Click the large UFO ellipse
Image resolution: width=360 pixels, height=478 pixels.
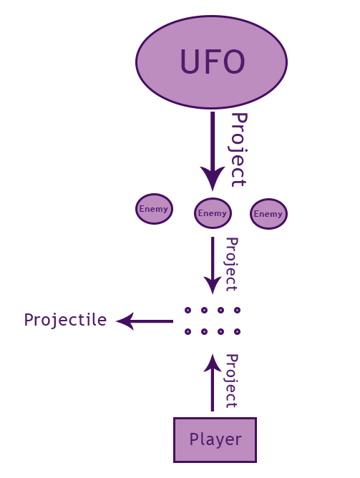pyautogui.click(x=211, y=62)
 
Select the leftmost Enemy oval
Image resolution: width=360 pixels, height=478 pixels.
pyautogui.click(x=155, y=209)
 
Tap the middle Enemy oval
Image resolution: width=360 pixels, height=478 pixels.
pyautogui.click(x=213, y=213)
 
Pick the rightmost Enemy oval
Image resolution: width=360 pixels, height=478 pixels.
pyautogui.click(x=268, y=214)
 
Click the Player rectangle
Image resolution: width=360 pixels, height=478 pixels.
pyautogui.click(x=215, y=440)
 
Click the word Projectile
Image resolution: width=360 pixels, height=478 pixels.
pyautogui.click(x=66, y=321)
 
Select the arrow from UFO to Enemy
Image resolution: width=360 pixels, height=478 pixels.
pyautogui.click(x=213, y=151)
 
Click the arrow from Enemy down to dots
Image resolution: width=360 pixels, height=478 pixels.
pyautogui.click(x=213, y=265)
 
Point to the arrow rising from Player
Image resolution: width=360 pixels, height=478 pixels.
pyautogui.click(x=213, y=383)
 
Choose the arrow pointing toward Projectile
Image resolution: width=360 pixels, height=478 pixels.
pyautogui.click(x=145, y=321)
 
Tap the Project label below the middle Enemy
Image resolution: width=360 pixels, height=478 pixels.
pyautogui.click(x=231, y=265)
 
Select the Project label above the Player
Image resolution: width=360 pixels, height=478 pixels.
pyautogui.click(x=231, y=381)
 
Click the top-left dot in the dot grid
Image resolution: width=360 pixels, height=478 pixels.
pyautogui.click(x=188, y=311)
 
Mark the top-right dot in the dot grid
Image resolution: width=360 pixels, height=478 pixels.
pyautogui.click(x=237, y=311)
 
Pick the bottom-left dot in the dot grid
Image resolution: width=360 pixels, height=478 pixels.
pyautogui.click(x=188, y=331)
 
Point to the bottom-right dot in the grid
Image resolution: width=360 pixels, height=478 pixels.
pyautogui.click(x=237, y=331)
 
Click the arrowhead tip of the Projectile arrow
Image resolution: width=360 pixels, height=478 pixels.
pyautogui.click(x=117, y=321)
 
